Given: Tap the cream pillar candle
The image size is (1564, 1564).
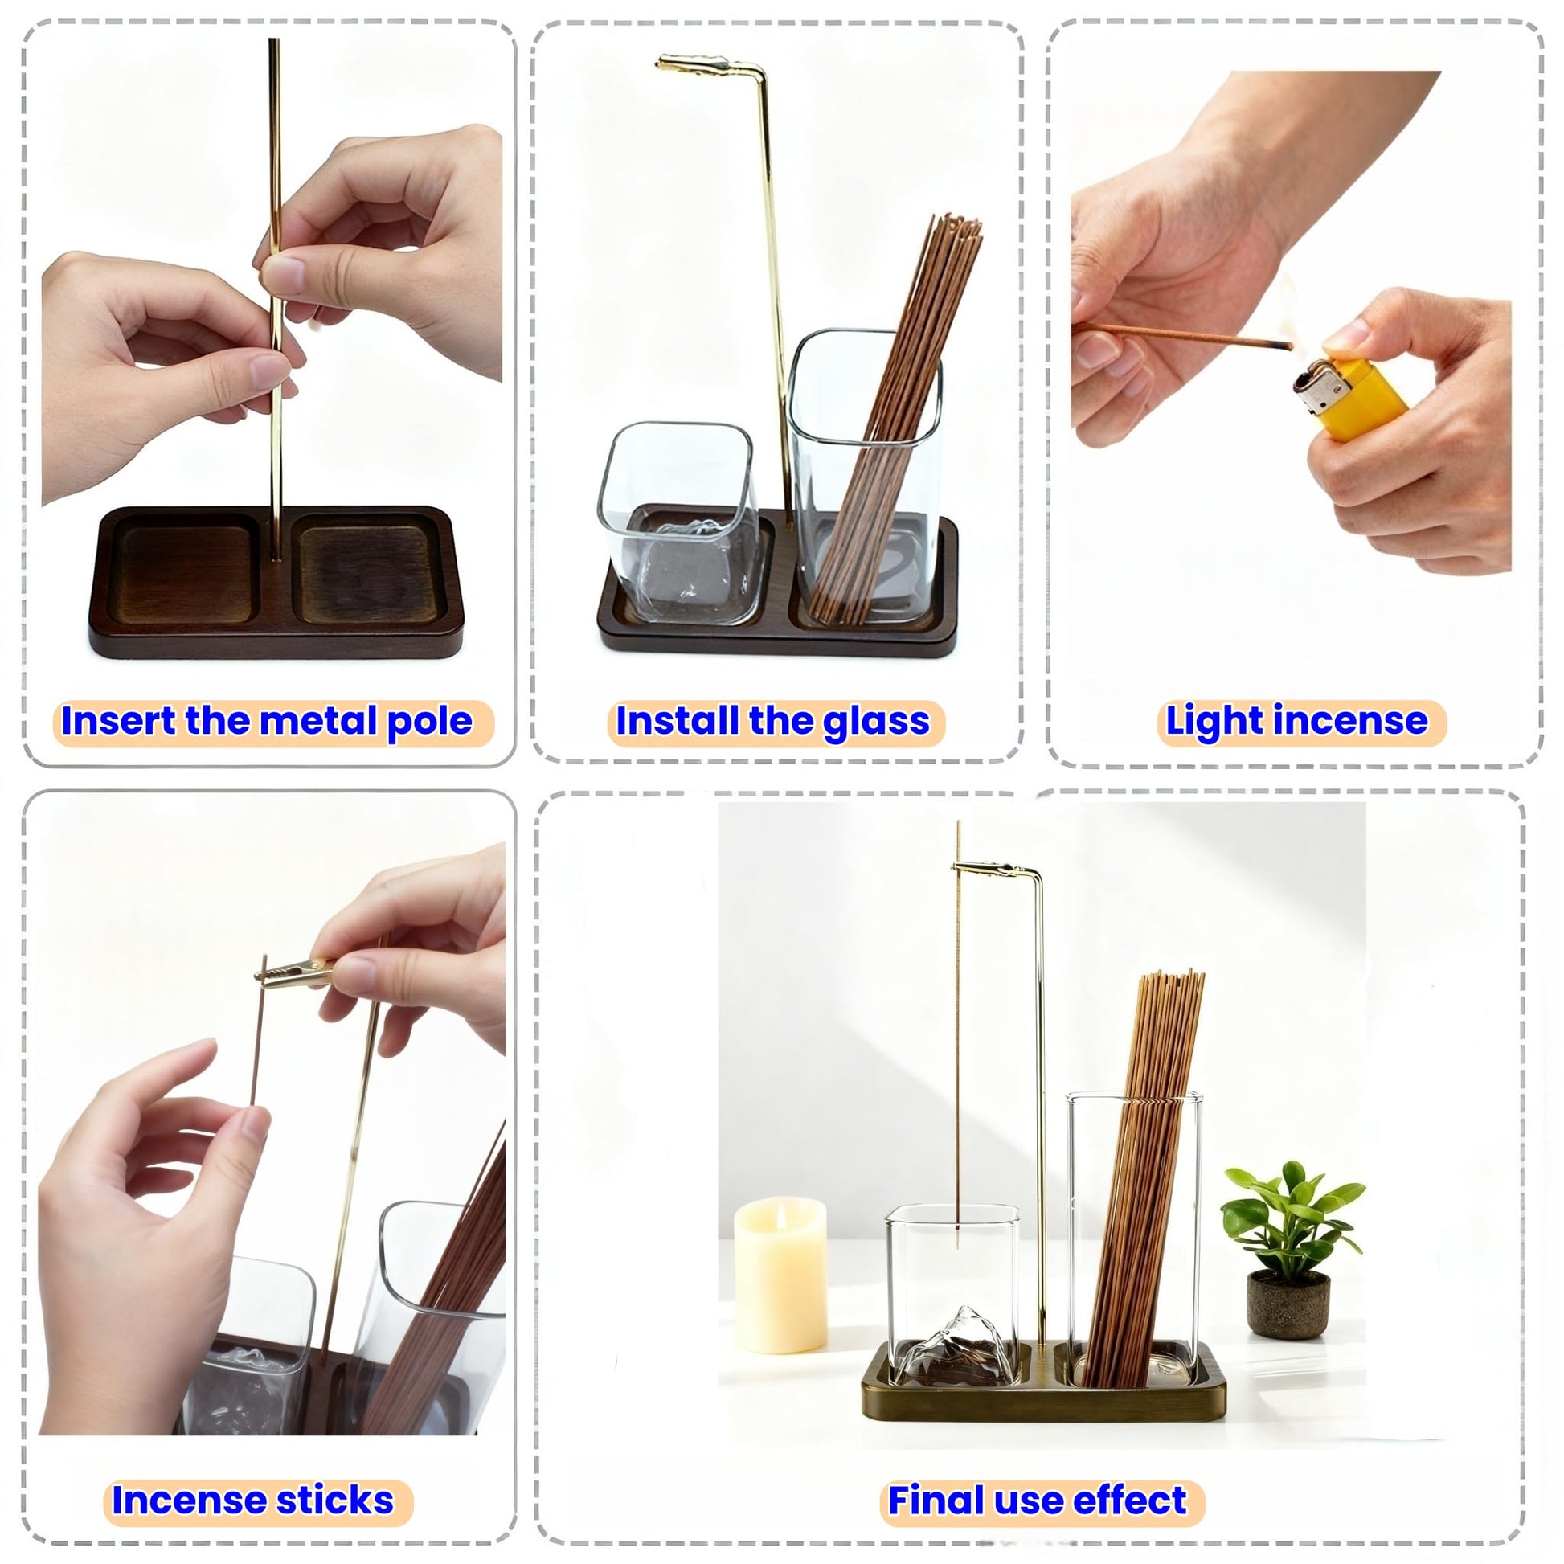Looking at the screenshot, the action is tap(780, 1275).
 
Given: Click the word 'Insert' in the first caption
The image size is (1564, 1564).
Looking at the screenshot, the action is tap(117, 719).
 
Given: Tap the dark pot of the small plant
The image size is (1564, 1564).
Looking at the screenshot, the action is tap(1289, 1305).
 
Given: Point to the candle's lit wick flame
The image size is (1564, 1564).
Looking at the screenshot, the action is tap(781, 1214).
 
